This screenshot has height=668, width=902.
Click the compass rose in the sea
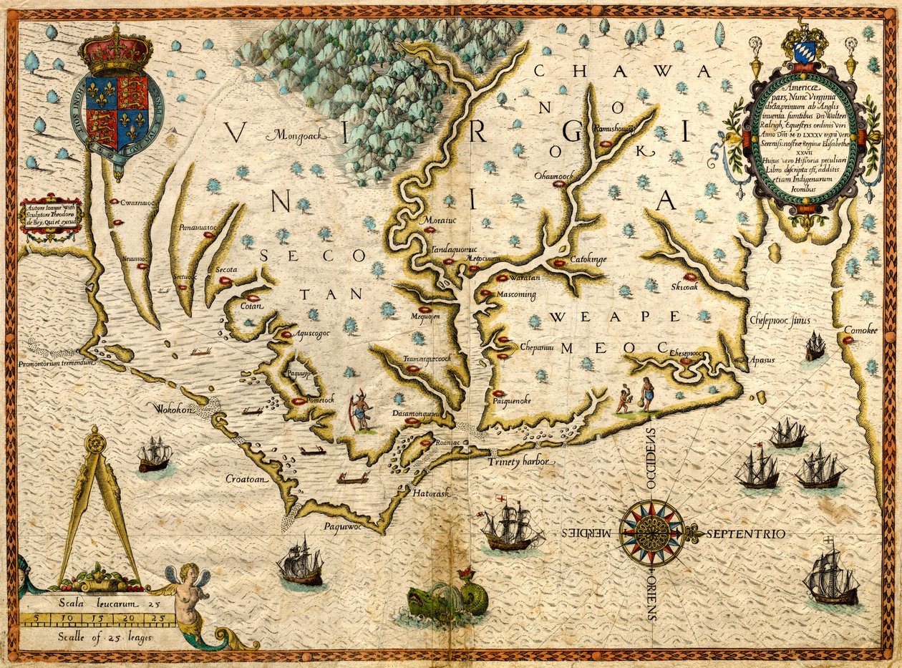coord(651,533)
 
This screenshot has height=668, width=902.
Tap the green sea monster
coord(447,599)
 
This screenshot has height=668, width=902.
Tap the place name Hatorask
coord(429,493)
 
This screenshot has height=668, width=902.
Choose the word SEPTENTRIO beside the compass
coord(746,534)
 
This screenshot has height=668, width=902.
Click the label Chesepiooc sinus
coord(780,320)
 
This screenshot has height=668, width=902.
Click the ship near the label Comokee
coord(815,348)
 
